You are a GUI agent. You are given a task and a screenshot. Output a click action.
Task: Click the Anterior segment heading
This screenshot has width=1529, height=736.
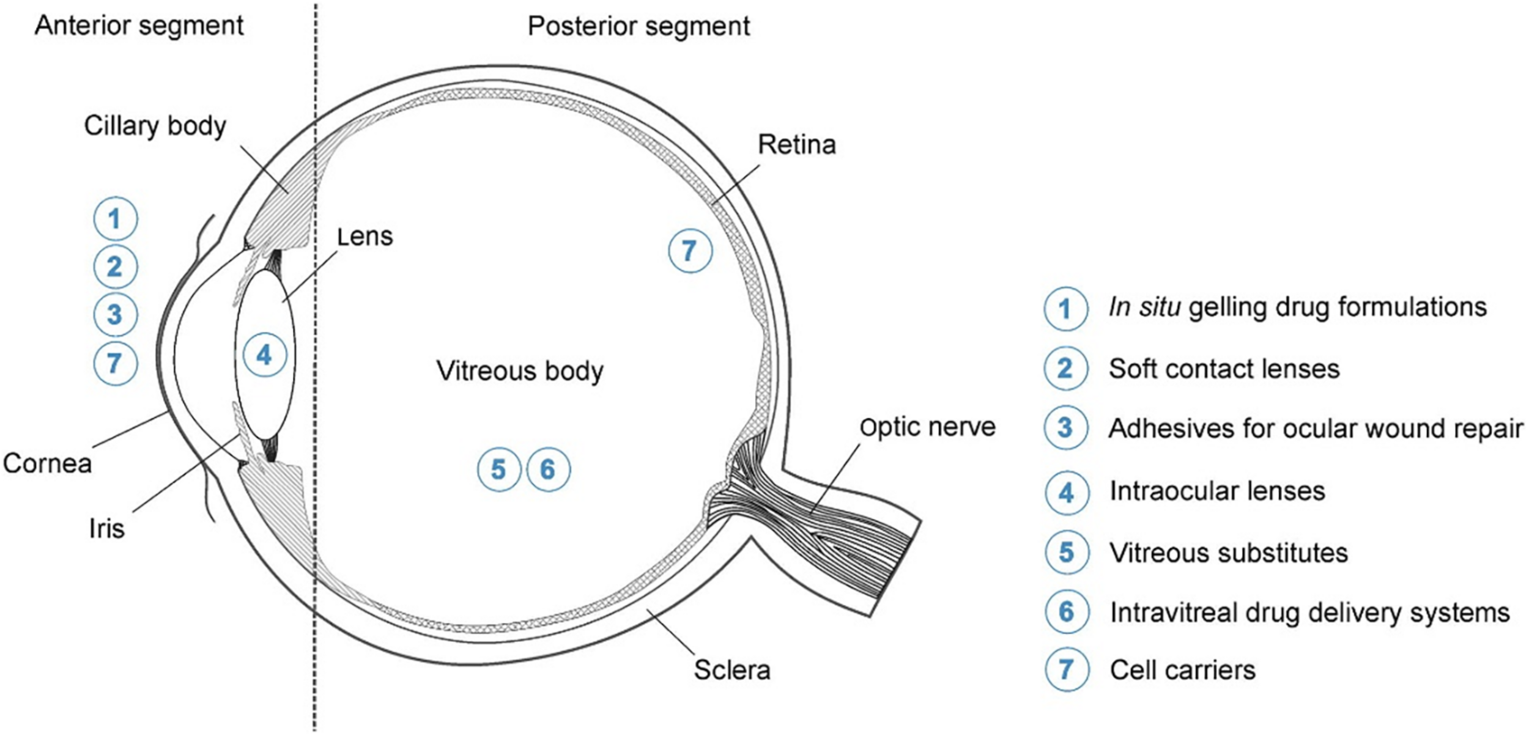[139, 26]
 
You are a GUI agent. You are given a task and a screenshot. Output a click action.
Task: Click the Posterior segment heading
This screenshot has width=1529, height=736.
[639, 26]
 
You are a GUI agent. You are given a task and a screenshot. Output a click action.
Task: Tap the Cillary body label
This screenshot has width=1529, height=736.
[155, 126]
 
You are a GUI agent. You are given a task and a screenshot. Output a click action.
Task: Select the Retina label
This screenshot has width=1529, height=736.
[796, 145]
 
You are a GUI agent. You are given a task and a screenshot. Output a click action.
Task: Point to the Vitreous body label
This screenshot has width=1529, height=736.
[520, 371]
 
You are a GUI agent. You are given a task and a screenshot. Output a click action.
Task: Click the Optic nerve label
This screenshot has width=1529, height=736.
[927, 427]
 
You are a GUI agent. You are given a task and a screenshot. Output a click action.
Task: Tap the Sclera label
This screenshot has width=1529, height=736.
[731, 670]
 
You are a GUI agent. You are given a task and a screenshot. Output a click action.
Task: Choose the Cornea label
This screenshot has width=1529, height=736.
[47, 463]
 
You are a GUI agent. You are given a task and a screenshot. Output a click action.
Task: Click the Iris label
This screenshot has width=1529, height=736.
[106, 529]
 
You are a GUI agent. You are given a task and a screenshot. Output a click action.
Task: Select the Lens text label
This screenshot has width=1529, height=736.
[365, 237]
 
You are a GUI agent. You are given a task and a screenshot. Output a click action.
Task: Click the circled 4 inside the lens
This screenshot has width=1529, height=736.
[264, 355]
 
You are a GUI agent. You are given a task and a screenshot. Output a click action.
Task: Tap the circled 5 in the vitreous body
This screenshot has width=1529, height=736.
[498, 469]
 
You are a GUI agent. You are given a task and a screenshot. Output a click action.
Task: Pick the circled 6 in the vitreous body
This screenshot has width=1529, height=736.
[548, 469]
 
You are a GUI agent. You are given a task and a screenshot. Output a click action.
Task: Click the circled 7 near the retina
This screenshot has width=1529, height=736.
[690, 251]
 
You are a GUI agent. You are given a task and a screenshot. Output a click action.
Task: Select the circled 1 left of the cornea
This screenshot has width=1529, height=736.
[115, 219]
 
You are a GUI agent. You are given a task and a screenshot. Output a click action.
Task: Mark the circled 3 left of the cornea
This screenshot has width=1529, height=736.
[115, 315]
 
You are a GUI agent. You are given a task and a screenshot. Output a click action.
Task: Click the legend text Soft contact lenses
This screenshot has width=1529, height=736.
[1224, 369]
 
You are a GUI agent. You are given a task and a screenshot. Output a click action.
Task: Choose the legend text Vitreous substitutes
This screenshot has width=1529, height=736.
[1228, 553]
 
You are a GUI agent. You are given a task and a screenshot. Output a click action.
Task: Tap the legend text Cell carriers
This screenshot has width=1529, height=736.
[1182, 671]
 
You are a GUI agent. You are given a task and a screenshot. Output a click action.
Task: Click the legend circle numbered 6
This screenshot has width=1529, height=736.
[1066, 612]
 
